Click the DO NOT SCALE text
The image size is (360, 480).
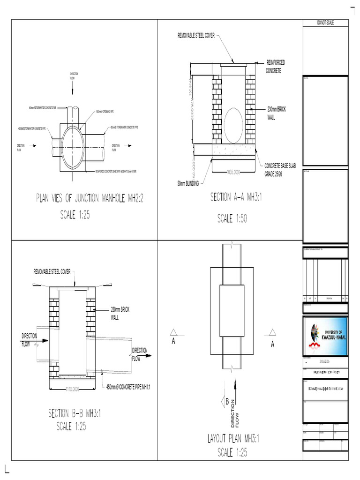325,23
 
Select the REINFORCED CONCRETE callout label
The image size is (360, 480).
275,66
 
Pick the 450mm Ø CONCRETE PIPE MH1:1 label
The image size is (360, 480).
130,387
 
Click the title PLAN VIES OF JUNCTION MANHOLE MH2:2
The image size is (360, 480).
89,198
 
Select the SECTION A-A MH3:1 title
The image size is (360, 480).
235,198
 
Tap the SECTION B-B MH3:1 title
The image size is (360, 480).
75,413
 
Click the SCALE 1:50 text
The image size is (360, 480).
232,218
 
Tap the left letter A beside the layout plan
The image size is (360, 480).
173,342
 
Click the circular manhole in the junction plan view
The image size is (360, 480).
72,146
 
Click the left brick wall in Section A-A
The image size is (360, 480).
217,110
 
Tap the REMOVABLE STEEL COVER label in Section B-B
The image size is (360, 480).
52,272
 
